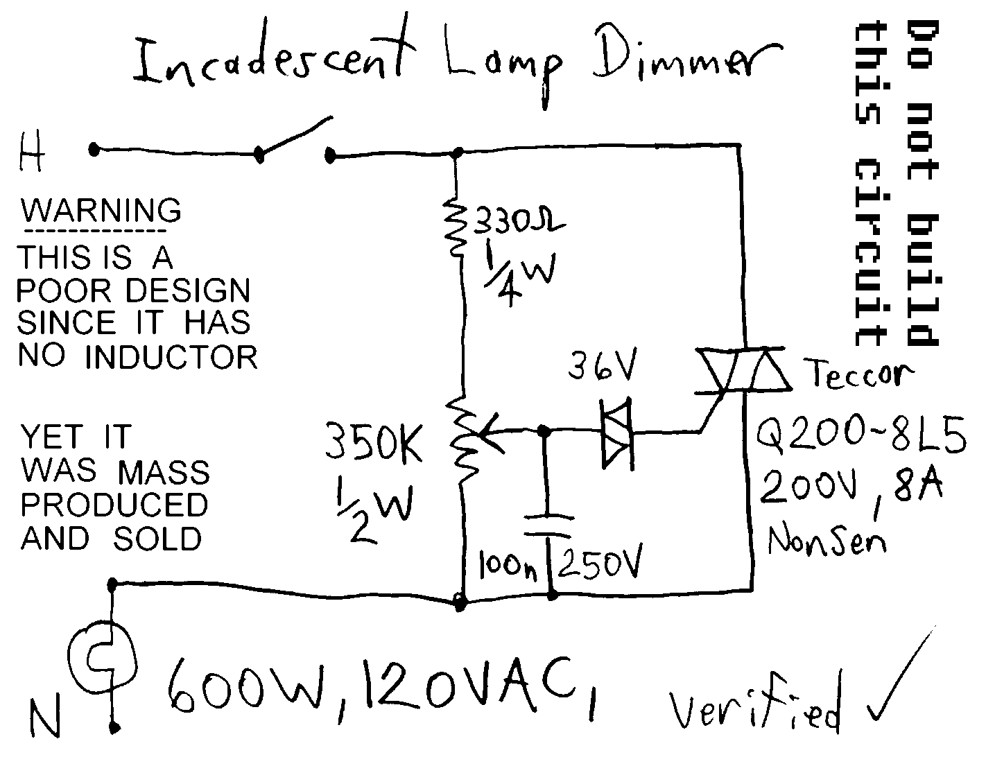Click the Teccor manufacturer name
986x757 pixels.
[860, 376]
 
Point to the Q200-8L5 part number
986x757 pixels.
[860, 438]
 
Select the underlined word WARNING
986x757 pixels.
[101, 210]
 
